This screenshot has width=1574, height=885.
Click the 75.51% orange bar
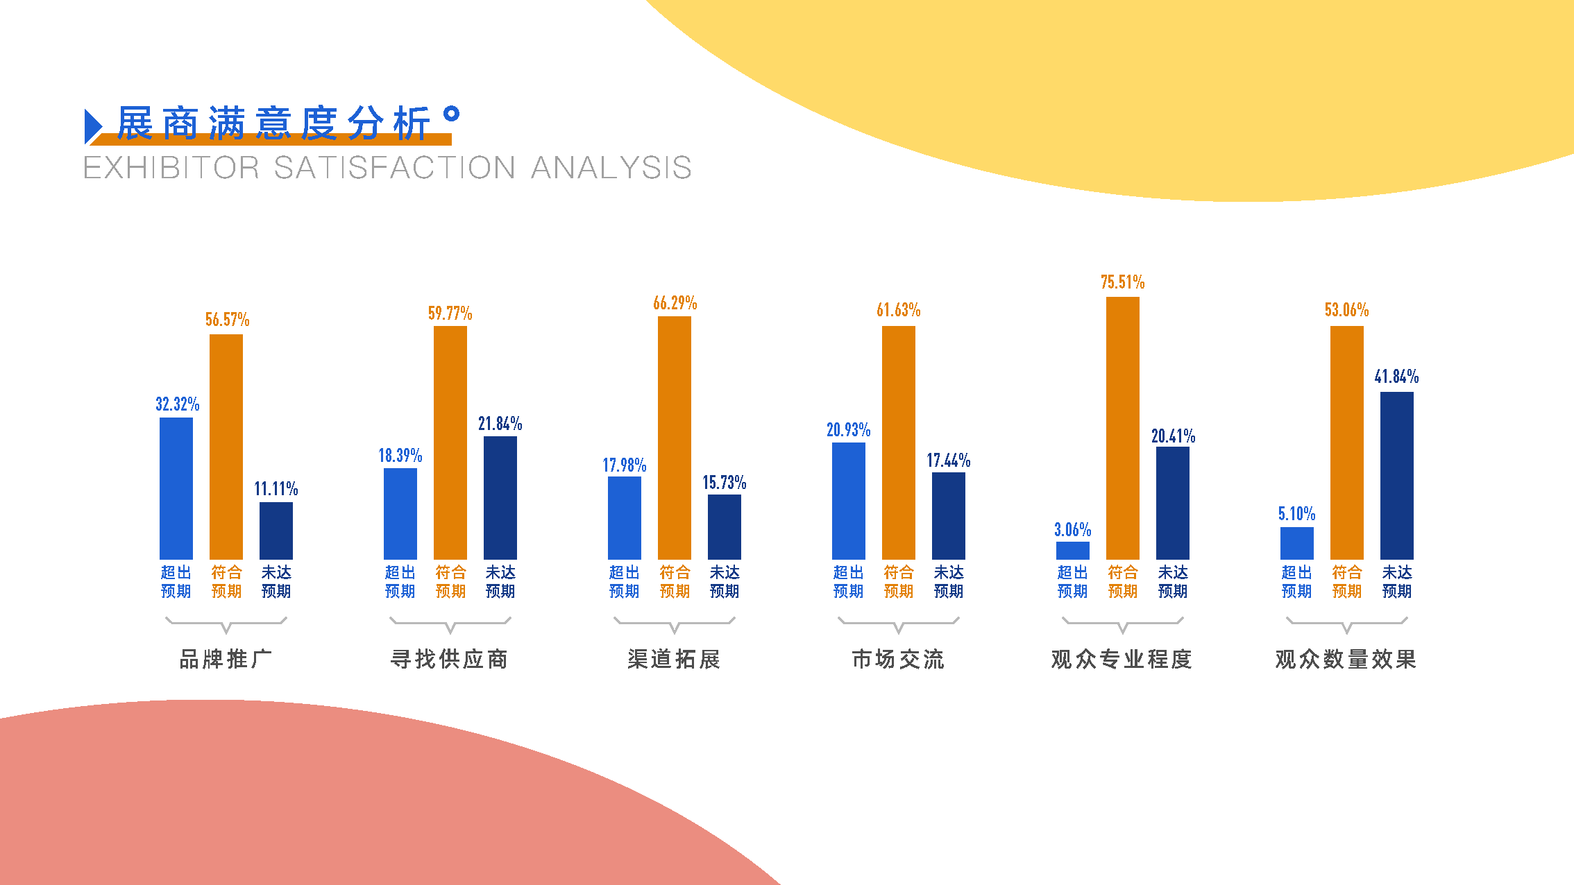click(x=1122, y=428)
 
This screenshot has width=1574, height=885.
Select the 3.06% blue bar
click(x=1072, y=551)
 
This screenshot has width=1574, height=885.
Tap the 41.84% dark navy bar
click(x=1396, y=476)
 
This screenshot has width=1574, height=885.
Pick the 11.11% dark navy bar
click(x=276, y=531)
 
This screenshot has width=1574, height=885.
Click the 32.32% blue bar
click(x=176, y=488)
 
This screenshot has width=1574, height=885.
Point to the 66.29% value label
click(x=675, y=303)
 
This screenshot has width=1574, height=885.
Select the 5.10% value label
click(x=1296, y=514)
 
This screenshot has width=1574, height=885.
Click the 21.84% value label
click(x=500, y=424)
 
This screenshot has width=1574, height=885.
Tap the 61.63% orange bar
click(x=898, y=442)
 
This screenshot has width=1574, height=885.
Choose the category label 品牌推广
click(x=226, y=659)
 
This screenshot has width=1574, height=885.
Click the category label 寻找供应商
click(x=450, y=659)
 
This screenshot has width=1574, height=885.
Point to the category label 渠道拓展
click(x=674, y=659)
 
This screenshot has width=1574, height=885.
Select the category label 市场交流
click(x=898, y=659)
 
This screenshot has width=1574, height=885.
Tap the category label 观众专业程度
click(x=1122, y=659)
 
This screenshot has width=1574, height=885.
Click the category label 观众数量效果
click(x=1346, y=659)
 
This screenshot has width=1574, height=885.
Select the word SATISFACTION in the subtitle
click(x=395, y=168)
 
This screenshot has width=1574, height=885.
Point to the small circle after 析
click(x=451, y=114)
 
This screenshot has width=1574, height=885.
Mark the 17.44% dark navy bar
click(x=948, y=516)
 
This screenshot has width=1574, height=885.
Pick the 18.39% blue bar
click(x=400, y=514)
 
